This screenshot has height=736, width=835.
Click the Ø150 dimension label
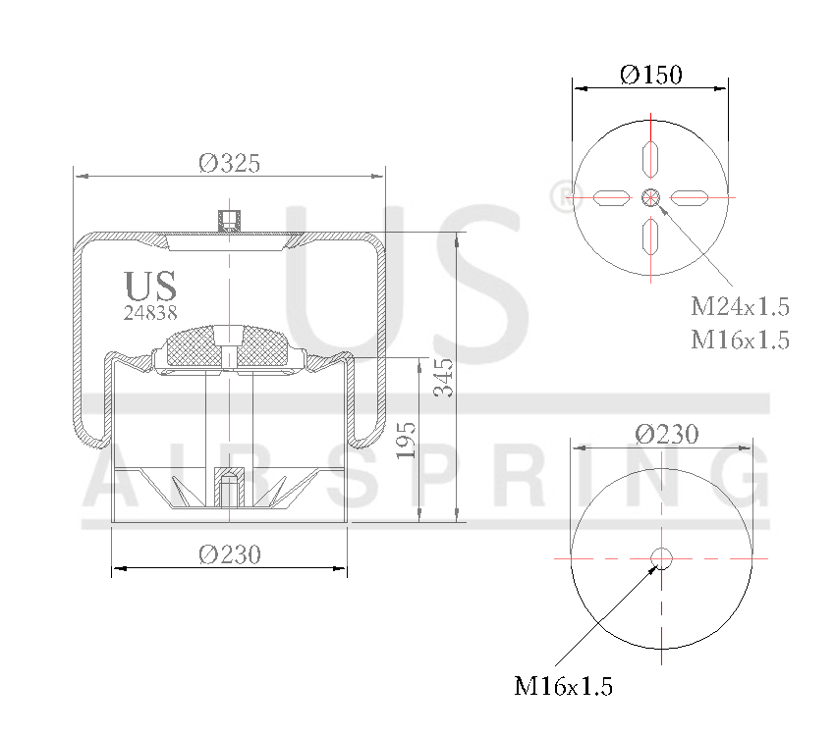650,75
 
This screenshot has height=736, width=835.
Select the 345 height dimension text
444,377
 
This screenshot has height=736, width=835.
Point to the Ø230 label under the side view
230,554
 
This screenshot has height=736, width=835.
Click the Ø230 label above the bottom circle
667,434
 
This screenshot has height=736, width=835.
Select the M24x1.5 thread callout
740,306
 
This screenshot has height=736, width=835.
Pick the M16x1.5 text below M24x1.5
740,340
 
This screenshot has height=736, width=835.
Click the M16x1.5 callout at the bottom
563,686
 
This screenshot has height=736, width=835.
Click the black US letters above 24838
150,286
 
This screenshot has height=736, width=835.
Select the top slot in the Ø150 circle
650,157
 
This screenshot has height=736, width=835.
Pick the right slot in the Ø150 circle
690,198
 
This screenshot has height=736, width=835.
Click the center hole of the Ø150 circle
650,198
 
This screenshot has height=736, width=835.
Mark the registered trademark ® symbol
557,195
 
